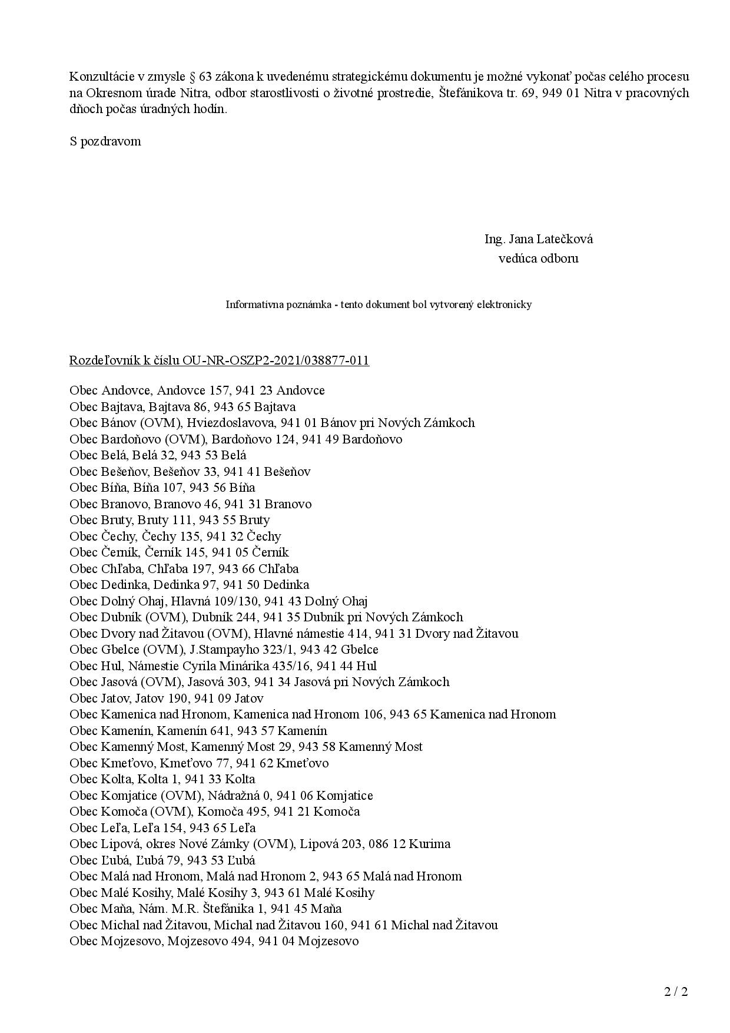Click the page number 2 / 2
click(x=676, y=992)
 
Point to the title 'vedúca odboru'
click(x=538, y=258)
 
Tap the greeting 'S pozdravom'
click(x=105, y=141)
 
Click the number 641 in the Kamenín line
click(x=226, y=731)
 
